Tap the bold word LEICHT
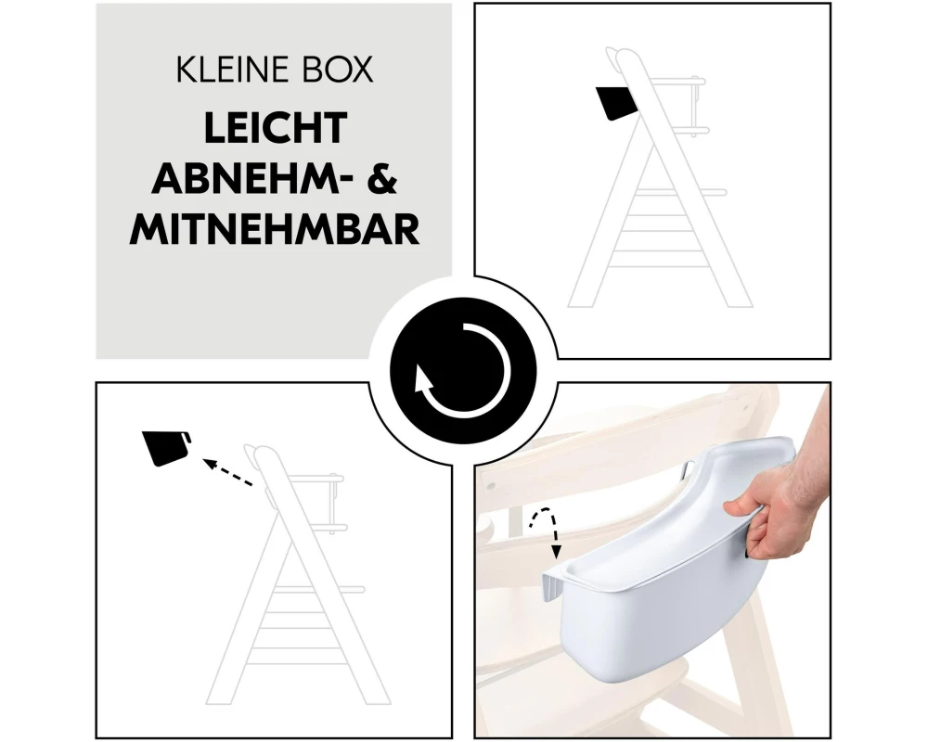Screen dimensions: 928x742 pyautogui.click(x=276, y=127)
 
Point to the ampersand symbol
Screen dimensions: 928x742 pyautogui.click(x=382, y=178)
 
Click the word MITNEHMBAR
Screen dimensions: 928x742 pyautogui.click(x=275, y=230)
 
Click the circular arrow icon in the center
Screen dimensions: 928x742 pyautogui.click(x=463, y=371)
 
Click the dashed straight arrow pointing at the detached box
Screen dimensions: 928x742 pyautogui.click(x=228, y=471)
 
